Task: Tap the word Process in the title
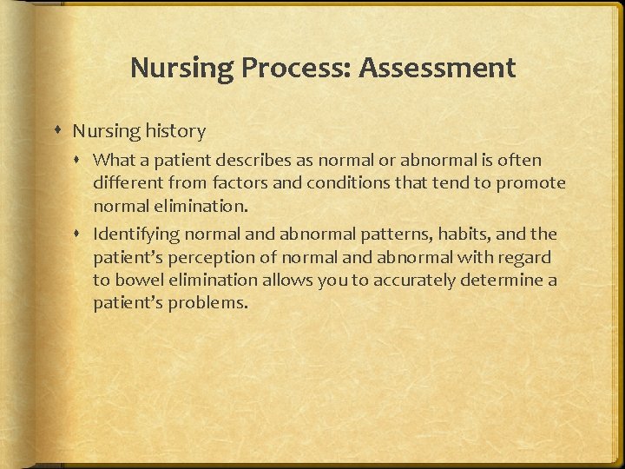291,68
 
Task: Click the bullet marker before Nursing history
58,131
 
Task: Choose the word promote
532,183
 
